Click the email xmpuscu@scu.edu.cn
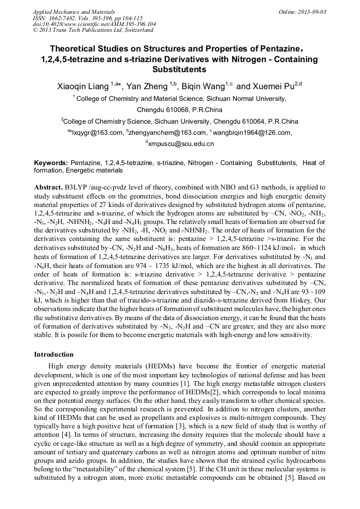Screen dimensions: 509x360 click(181, 144)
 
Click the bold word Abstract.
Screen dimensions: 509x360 click(49, 188)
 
